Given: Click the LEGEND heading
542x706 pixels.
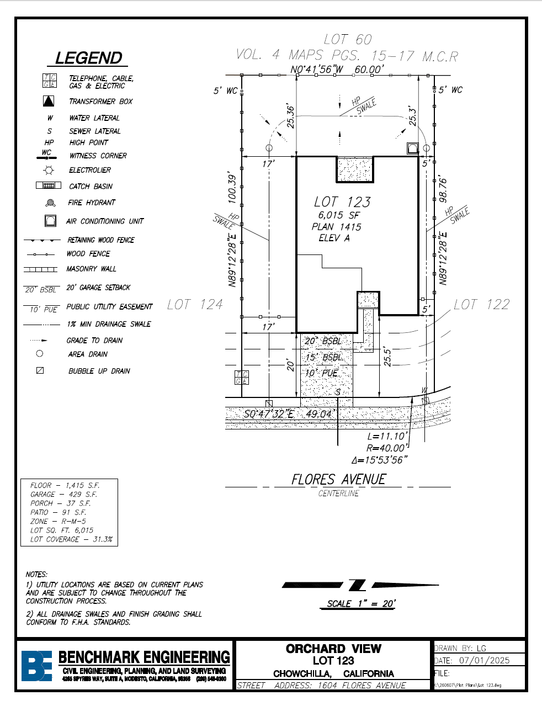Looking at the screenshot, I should pos(88,58).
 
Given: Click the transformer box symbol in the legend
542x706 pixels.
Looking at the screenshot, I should pos(49,101).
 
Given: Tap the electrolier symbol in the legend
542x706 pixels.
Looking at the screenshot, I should pos(49,170).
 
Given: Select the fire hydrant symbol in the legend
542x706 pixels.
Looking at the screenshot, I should pos(50,203).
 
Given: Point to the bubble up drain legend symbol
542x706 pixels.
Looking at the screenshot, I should pos(40,370).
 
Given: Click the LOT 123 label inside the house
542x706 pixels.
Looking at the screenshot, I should pos(342,202).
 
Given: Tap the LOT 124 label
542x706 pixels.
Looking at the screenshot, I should pos(195,304).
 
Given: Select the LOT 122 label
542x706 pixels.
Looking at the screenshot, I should pos(481,304).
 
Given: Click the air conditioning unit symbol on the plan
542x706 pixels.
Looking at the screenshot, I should pos(413,148).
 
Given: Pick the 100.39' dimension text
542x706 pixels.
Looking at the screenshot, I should pos(232,188).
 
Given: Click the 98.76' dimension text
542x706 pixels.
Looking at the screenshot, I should pos(443,190).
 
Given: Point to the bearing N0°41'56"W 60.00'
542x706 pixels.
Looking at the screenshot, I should pos(337,70).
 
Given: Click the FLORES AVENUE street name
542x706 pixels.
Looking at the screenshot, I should pos(338,479).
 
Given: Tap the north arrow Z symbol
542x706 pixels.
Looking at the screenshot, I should pos(357,585).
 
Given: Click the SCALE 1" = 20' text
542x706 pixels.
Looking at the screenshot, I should pos(361,603).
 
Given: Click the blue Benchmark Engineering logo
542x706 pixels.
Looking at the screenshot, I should pos(36,665).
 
